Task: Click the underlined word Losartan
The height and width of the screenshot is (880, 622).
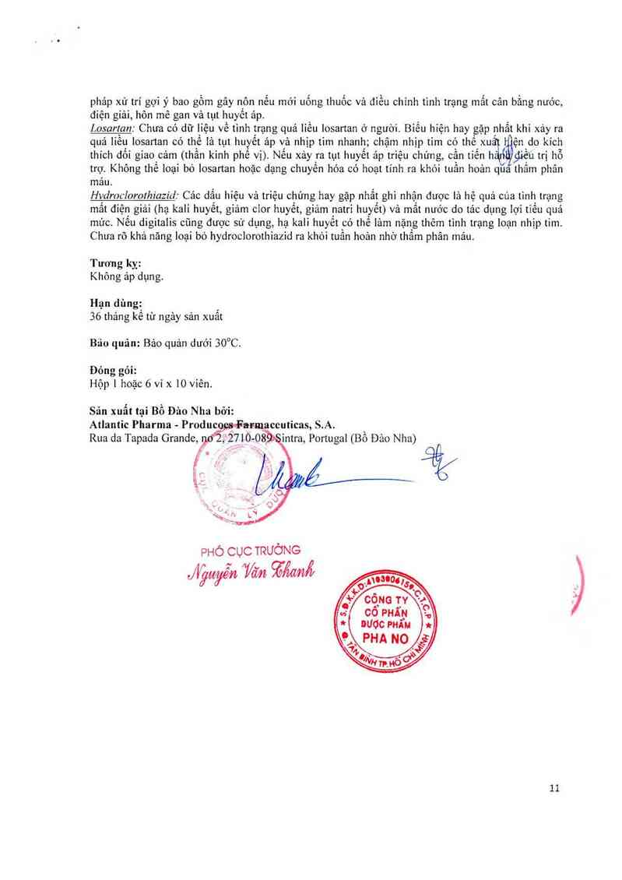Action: coord(112,127)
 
